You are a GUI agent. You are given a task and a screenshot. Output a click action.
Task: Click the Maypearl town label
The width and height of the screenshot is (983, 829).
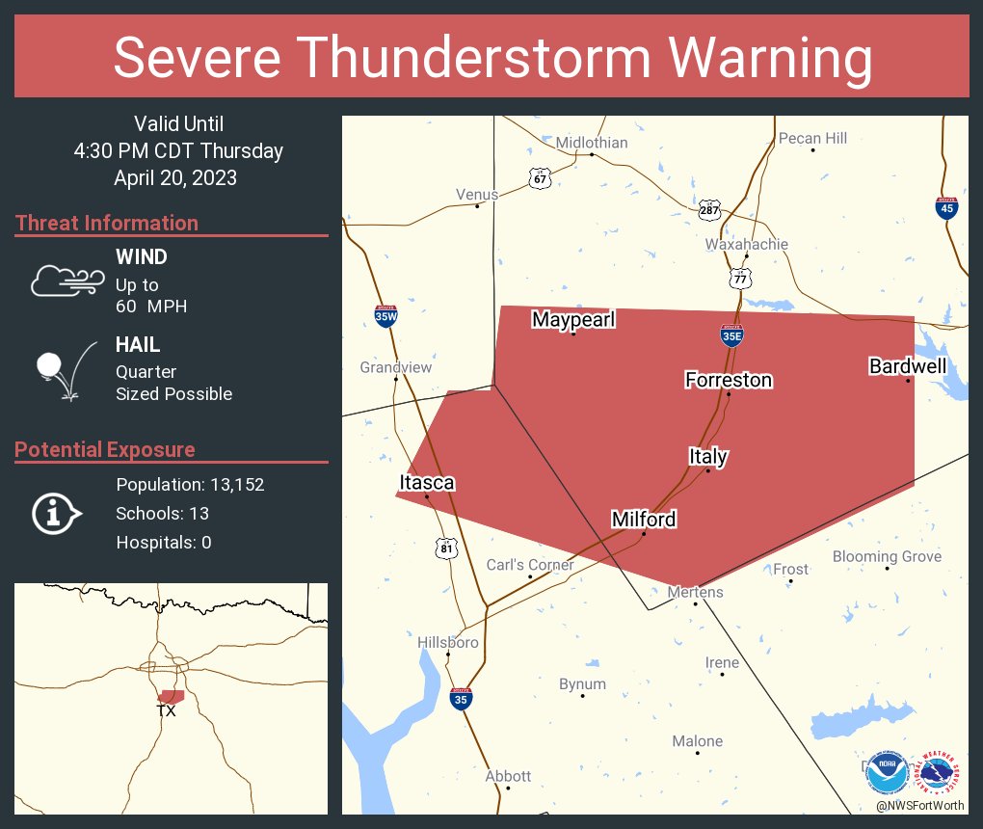573,319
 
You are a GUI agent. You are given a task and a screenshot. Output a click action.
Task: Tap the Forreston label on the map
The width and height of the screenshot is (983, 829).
729,380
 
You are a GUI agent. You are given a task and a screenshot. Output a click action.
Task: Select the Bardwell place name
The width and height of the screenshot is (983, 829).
907,366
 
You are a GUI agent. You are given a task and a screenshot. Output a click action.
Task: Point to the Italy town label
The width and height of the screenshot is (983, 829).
707,457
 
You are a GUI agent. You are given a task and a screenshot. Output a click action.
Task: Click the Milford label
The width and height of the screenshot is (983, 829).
644,520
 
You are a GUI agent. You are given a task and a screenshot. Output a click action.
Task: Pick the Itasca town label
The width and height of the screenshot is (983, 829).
427,483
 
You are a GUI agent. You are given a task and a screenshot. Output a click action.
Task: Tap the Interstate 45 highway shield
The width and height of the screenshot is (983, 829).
946,207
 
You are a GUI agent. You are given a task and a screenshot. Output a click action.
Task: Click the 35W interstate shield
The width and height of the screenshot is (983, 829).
385,316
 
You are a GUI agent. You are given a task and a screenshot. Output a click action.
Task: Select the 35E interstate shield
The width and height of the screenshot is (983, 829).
732,335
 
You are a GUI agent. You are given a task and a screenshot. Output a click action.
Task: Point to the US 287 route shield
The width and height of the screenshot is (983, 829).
710,209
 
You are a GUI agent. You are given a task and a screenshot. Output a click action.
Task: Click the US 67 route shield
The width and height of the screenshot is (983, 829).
540,178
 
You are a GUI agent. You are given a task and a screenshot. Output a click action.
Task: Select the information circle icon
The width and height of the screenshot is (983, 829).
57,513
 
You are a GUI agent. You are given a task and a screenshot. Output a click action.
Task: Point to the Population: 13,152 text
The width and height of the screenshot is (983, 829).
190,484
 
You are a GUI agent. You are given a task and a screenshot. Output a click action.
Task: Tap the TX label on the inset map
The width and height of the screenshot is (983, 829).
166,711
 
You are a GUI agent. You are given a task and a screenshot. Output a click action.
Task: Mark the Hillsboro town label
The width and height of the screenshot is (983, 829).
448,642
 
